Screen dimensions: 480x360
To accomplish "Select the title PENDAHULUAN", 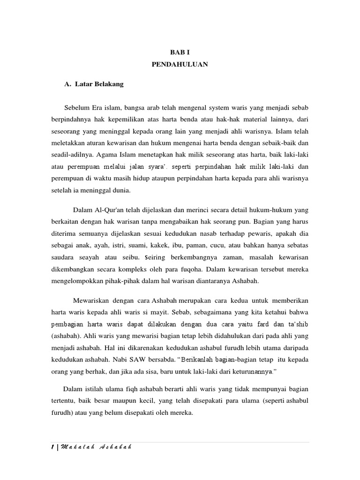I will [x=180, y=65].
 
